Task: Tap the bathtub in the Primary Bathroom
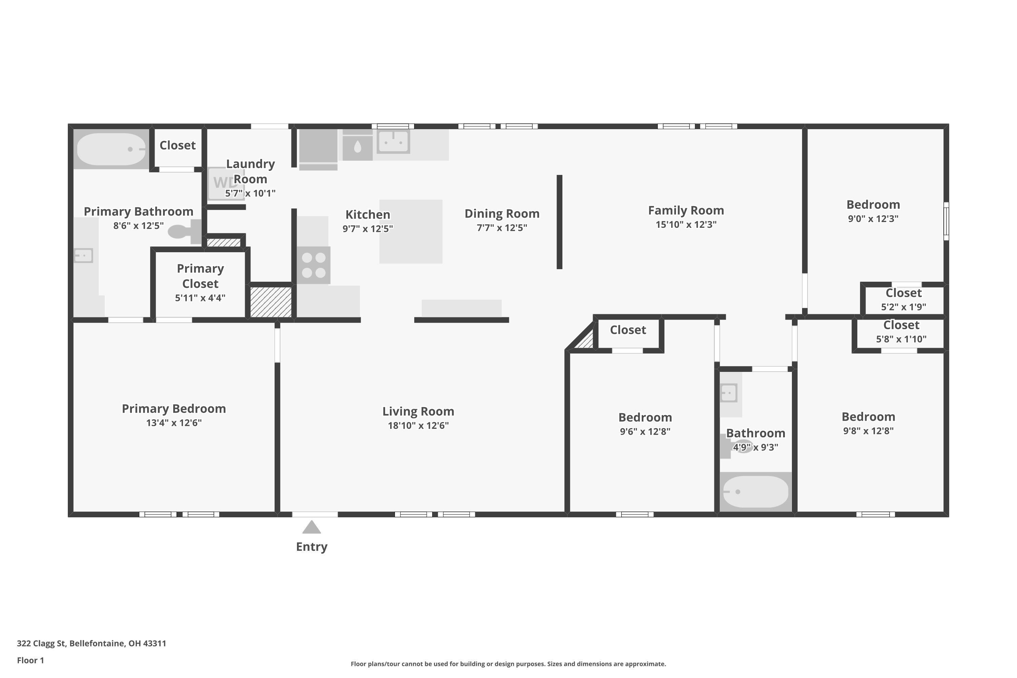pyautogui.click(x=112, y=149)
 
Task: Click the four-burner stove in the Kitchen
pyautogui.click(x=314, y=265)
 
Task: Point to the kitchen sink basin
pyautogui.click(x=393, y=141)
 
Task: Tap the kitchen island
pyautogui.click(x=411, y=231)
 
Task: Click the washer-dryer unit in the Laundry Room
pyautogui.click(x=226, y=183)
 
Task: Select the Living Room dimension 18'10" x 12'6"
pyautogui.click(x=418, y=425)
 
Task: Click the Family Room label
pyautogui.click(x=686, y=211)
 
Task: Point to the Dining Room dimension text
pyautogui.click(x=502, y=228)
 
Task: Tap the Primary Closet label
pyautogui.click(x=200, y=276)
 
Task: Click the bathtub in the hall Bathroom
pyautogui.click(x=755, y=492)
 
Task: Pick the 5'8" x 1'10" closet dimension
pyautogui.click(x=901, y=339)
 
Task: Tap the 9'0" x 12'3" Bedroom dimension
pyautogui.click(x=873, y=219)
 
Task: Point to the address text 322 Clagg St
pyautogui.click(x=41, y=643)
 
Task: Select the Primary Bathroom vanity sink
pyautogui.click(x=83, y=256)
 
